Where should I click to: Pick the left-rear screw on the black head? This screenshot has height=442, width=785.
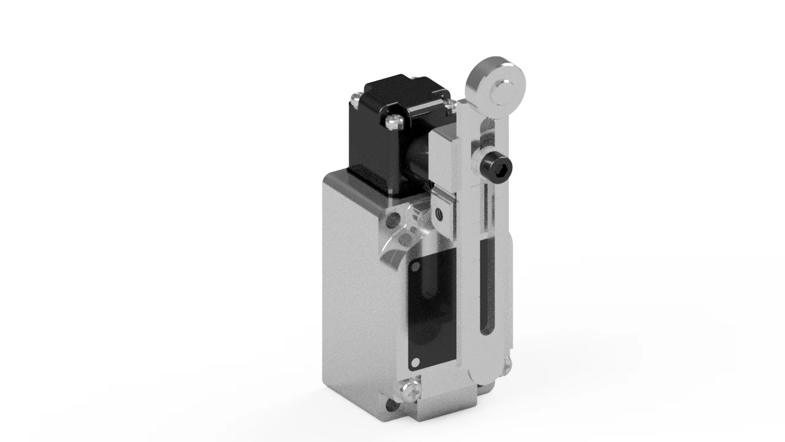[x=355, y=96]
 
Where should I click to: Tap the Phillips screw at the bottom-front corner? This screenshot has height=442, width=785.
[x=410, y=389]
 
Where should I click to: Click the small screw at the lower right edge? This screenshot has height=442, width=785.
[x=506, y=366]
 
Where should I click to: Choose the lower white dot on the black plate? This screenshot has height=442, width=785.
[x=416, y=363]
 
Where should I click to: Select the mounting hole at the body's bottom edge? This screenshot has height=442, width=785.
[x=391, y=405]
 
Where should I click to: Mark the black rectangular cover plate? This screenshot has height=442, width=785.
[x=432, y=313]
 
